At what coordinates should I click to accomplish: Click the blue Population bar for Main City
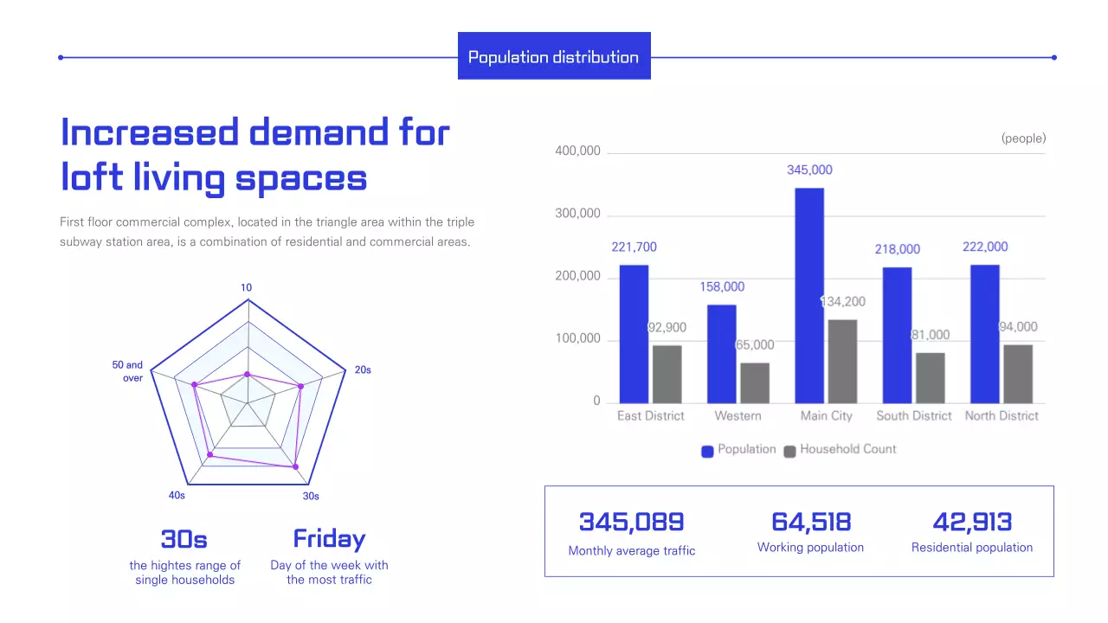809,295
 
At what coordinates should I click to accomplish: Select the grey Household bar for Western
755,382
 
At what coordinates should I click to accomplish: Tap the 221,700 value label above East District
634,247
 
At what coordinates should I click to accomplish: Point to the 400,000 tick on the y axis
577,151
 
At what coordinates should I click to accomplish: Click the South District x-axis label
913,416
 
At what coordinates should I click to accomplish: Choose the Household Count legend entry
840,449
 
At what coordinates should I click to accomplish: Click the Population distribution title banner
554,57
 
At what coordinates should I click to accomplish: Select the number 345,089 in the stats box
631,522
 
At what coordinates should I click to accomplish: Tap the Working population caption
810,548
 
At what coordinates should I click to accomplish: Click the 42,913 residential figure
972,522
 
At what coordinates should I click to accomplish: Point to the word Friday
329,538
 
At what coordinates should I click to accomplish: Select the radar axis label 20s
363,370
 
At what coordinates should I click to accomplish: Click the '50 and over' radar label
128,371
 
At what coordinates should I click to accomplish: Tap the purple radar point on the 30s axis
295,466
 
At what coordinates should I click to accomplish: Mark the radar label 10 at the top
247,287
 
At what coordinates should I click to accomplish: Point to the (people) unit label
1023,138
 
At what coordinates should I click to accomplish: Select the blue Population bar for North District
985,334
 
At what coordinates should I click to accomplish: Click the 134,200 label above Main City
842,302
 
